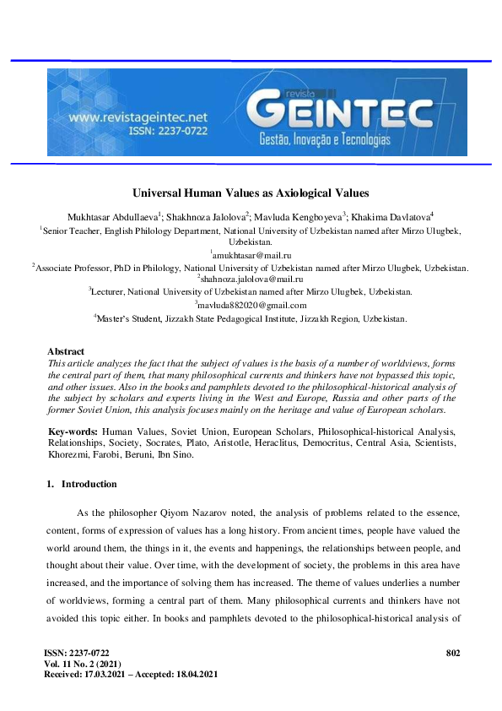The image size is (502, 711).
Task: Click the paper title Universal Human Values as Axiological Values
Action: tap(251, 193)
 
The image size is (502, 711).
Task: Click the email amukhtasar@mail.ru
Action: tap(251, 254)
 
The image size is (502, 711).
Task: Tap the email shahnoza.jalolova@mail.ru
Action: tap(251, 279)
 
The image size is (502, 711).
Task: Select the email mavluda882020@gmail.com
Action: tap(251, 305)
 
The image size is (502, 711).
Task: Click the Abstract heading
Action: tap(66, 351)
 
